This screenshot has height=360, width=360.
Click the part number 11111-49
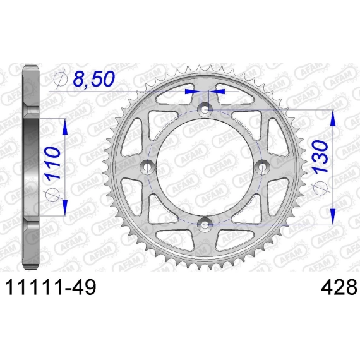pyautogui.click(x=51, y=287)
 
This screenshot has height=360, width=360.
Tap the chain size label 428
pyautogui.click(x=339, y=287)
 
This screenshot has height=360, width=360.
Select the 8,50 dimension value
pyautogui.click(x=93, y=78)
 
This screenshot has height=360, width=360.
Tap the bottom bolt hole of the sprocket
pyautogui.click(x=205, y=225)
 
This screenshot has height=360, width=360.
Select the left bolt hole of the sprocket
pyautogui.click(x=147, y=167)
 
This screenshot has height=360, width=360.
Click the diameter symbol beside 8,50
pyautogui.click(x=61, y=79)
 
